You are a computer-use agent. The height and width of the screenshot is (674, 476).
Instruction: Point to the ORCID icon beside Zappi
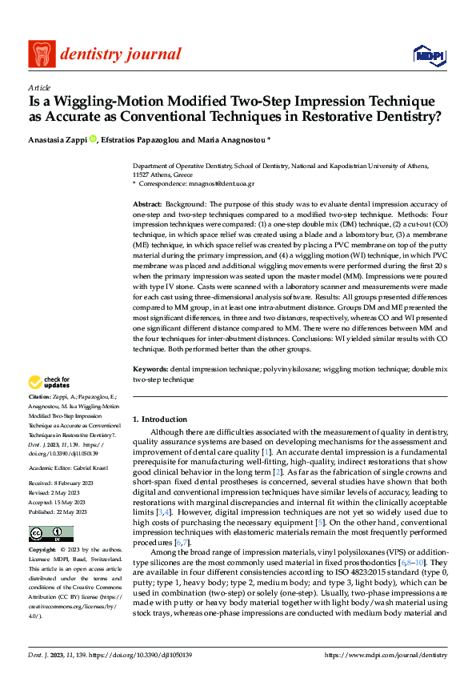(93, 138)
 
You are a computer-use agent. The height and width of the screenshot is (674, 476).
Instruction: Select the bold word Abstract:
(148, 206)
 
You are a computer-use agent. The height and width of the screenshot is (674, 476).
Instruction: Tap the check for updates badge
(50, 383)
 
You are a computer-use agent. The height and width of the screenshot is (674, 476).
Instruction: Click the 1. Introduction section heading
(160, 419)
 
